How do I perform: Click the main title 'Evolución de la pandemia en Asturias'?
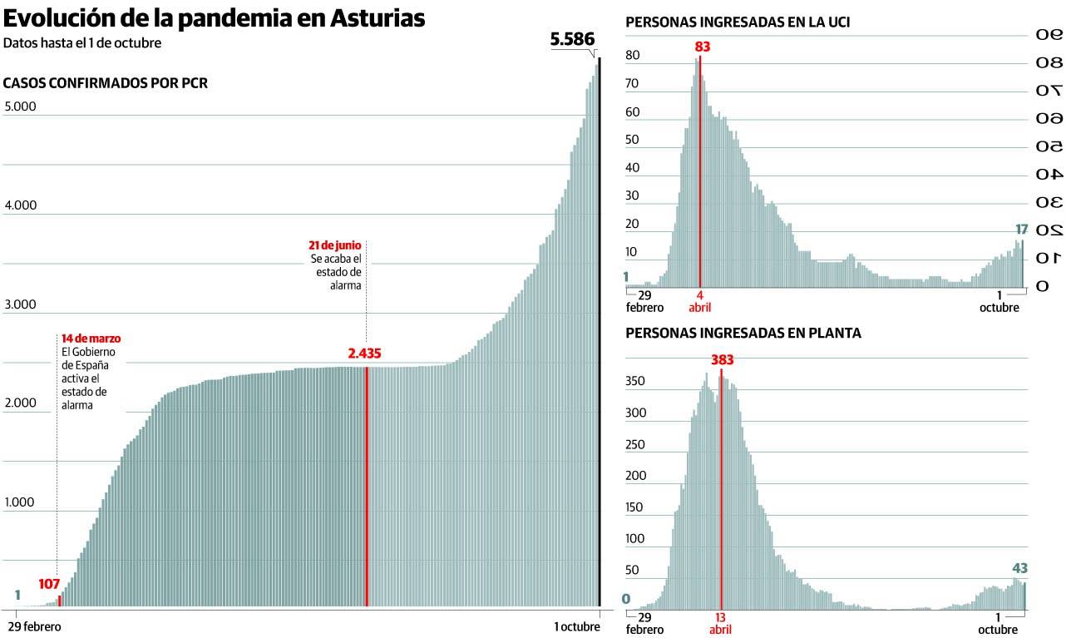pos(215,18)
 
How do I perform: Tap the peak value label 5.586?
pos(574,38)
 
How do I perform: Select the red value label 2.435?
pos(364,354)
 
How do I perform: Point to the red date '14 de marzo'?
pos(91,339)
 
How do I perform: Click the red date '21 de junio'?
pos(334,245)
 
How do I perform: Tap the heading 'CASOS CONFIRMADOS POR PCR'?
pos(106,83)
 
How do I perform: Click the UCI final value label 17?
pos(1022,229)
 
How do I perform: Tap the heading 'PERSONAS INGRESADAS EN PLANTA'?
pos(743,333)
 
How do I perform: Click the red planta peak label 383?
pos(722,360)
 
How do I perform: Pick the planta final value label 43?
pos(1020,568)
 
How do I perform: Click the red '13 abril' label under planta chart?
pos(720,623)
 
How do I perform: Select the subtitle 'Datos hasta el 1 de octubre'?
pos(82,43)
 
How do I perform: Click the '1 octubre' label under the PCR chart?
pos(577,626)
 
